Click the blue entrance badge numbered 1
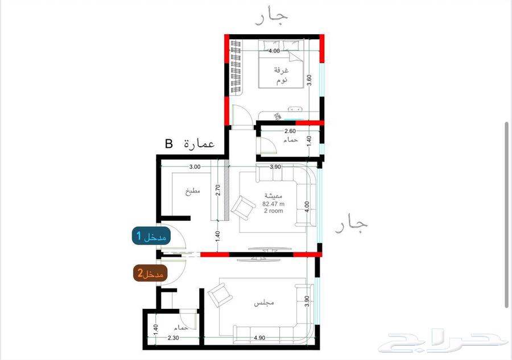tap(150, 237)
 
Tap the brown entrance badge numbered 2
tap(150, 274)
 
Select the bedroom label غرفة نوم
tap(281, 75)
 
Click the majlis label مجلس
tap(265, 303)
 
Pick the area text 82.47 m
tap(273, 203)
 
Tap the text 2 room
tap(273, 210)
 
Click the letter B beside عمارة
tap(168, 144)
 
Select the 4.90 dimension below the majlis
tap(259, 338)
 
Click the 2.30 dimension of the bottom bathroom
tap(174, 338)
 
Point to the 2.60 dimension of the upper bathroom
tap(290, 131)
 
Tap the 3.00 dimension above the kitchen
tap(195, 167)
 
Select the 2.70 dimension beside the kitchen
tap(217, 189)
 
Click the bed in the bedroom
tap(281, 64)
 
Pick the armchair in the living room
tap(242, 207)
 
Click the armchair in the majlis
tap(218, 296)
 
